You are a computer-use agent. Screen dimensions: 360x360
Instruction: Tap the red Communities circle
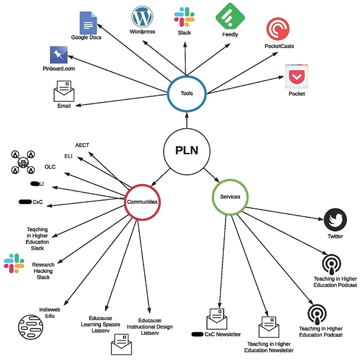[142, 202]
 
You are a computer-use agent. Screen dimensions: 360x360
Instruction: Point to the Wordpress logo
[142, 17]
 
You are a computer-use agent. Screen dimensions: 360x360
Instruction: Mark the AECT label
[82, 145]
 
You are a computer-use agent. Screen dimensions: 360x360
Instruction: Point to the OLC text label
[50, 166]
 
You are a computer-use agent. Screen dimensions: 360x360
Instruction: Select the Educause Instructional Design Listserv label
[149, 326]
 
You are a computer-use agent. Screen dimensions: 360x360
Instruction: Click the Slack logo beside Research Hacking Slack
[13, 264]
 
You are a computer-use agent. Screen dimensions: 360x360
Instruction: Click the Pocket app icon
[296, 77]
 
